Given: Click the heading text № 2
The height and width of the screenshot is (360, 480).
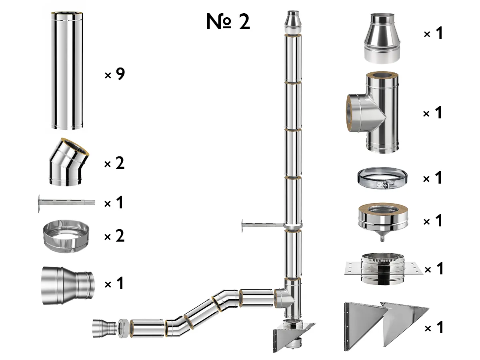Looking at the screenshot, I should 228,22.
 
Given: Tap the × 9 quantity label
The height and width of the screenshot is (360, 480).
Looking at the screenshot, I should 114,74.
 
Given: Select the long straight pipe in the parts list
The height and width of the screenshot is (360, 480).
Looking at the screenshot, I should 67,71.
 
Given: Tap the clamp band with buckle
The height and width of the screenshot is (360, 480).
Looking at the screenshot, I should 382,178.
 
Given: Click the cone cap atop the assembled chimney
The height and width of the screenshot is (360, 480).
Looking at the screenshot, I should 292,23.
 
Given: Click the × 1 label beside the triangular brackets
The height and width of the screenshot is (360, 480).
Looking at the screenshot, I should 434,328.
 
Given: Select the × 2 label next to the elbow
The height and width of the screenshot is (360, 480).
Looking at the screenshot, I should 114,164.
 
